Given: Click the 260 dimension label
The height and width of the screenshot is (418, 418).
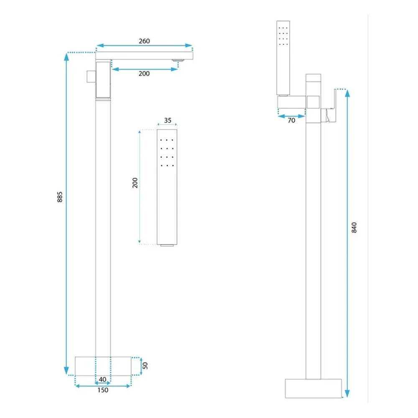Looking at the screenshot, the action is tap(144, 41).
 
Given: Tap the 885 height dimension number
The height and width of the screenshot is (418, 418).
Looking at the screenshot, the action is tap(60, 197).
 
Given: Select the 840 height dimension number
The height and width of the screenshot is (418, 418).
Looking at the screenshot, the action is tap(354, 227).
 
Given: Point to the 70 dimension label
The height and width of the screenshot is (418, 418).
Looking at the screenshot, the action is tap(291, 120).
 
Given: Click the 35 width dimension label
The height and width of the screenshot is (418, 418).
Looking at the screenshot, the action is tap(168, 120).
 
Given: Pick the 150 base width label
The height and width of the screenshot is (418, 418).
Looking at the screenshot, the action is tap(103, 390).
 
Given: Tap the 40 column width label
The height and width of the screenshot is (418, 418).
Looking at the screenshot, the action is tap(103, 380).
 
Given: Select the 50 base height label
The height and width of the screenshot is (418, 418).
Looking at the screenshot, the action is tap(145, 365).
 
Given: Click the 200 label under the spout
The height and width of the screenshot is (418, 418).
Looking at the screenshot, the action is tap(144, 74).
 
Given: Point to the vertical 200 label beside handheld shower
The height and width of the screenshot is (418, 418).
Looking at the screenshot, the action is tap(135, 183).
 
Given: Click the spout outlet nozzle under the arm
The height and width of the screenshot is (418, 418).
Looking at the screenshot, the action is tap(178, 61).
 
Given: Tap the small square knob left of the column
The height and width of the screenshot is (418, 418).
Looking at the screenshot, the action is tap(91, 76).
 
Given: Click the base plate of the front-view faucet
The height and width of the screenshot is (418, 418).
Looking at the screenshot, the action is tap(103, 366).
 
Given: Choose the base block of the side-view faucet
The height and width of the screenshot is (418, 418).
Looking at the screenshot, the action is tap(313, 388).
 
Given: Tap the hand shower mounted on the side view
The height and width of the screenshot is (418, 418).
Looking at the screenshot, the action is tap(283, 58).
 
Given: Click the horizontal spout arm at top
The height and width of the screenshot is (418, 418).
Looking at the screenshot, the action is tap(144, 56).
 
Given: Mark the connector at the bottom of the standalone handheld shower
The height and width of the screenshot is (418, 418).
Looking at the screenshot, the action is tap(167, 245).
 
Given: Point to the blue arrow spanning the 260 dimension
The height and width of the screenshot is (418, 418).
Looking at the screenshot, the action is tap(144, 46).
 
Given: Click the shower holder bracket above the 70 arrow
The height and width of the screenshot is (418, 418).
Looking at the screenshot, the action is tap(292, 102).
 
